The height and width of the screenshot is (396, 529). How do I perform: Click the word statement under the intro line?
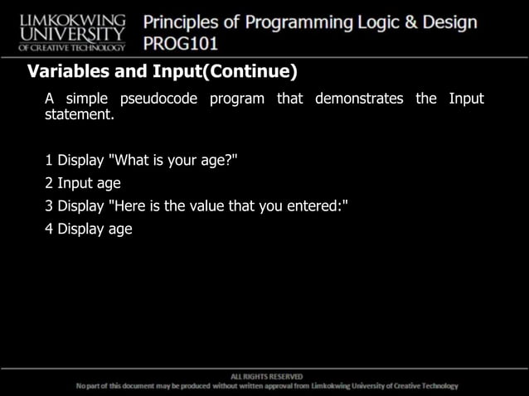(x=79, y=115)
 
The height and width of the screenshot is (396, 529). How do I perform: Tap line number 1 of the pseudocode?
(x=50, y=160)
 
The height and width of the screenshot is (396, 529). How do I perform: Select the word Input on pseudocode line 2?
(x=75, y=183)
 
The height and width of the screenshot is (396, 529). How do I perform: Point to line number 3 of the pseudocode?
(x=50, y=206)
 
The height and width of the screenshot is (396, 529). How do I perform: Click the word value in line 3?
(x=207, y=206)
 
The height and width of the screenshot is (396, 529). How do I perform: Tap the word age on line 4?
(x=120, y=230)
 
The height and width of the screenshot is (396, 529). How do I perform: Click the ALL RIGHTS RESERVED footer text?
(x=265, y=376)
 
